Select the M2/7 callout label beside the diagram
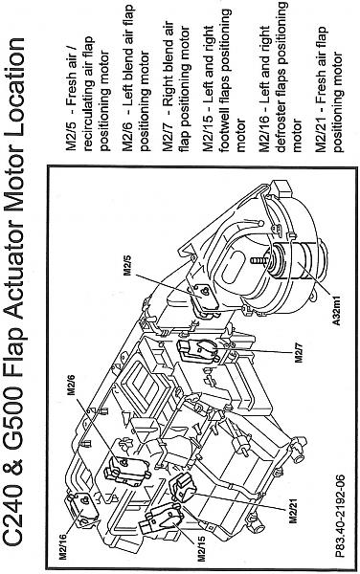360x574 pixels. (x=299, y=352)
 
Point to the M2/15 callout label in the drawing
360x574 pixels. (x=201, y=548)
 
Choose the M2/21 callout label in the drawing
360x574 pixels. (x=293, y=511)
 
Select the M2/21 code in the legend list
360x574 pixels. (x=321, y=133)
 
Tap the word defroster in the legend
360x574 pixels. (x=282, y=121)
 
